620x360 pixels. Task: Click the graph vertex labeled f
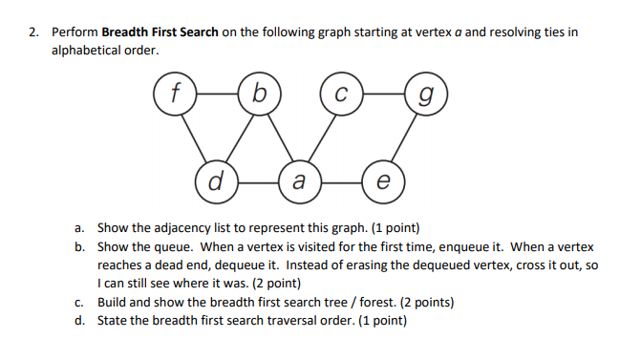pos(173,93)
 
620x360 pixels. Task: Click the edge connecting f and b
pos(216,93)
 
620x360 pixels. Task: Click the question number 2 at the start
pos(32,32)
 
